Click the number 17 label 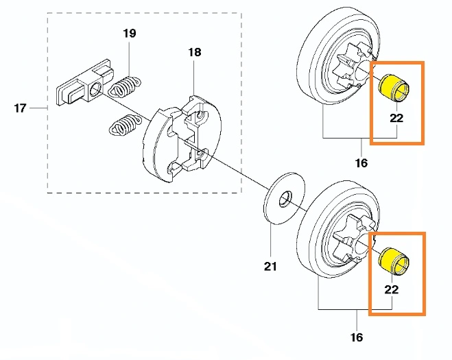click(20, 108)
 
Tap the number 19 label click(130, 34)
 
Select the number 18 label click(194, 52)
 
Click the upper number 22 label click(396, 117)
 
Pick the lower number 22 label click(391, 289)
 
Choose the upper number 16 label click(361, 163)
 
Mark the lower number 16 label click(357, 337)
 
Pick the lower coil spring click(122, 127)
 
